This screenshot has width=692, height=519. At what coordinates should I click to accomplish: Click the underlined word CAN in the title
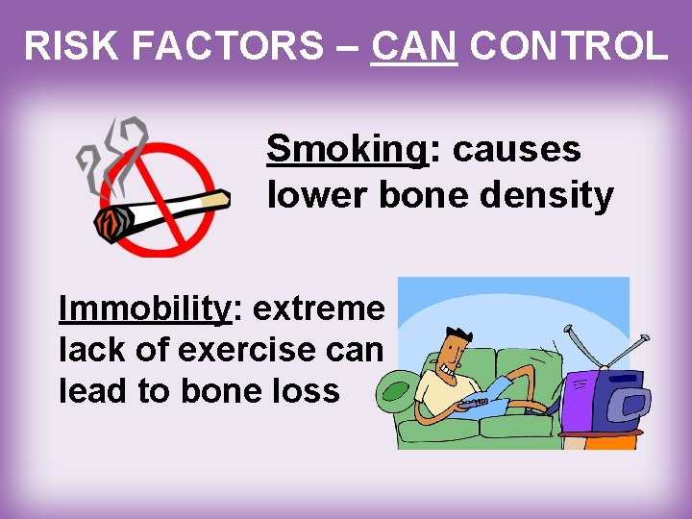tap(413, 46)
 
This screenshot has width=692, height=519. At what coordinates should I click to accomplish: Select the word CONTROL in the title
tap(568, 46)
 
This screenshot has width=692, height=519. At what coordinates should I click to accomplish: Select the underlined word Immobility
tap(145, 309)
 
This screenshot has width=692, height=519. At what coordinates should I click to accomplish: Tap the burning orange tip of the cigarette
tap(110, 225)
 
